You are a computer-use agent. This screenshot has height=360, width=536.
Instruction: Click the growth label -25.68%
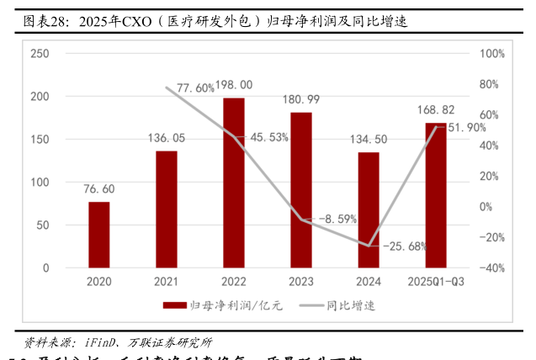tap(405, 246)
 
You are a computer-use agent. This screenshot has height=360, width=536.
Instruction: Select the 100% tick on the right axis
tap(491, 54)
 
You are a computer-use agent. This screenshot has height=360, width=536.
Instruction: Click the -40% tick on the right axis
tap(491, 268)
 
